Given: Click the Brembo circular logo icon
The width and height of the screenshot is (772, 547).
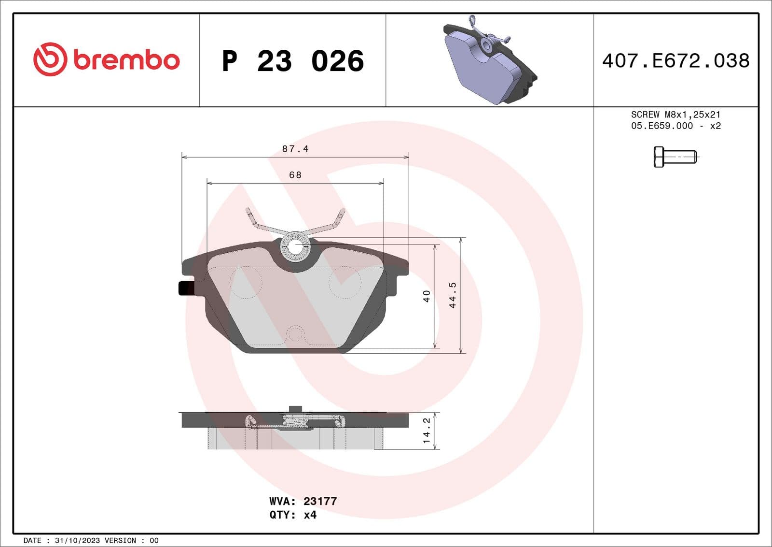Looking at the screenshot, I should click(49, 59).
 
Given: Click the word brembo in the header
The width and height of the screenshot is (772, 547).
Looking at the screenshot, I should click(126, 60).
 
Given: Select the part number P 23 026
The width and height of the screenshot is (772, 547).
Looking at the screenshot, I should click(292, 61).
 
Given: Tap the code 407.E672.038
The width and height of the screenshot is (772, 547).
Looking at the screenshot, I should click(675, 61).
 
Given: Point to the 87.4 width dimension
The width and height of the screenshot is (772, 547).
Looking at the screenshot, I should click(295, 149).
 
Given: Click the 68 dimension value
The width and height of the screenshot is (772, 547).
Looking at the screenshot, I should click(295, 175).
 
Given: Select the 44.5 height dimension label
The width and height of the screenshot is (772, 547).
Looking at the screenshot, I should click(453, 295).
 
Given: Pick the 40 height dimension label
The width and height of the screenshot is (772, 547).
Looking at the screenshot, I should click(427, 296).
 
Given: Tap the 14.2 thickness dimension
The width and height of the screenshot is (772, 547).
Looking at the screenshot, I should click(427, 431).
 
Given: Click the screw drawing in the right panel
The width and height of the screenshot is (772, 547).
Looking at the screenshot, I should click(675, 157).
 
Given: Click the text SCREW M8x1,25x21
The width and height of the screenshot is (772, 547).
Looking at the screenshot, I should click(675, 115).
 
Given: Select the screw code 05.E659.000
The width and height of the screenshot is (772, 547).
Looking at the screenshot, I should click(662, 126).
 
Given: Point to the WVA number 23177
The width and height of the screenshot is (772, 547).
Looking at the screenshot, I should click(320, 501).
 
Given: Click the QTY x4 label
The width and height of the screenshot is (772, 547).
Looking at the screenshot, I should click(293, 515).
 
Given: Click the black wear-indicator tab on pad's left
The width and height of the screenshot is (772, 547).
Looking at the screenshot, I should click(186, 288).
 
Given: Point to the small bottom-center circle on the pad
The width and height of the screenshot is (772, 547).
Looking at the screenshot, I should click(295, 334).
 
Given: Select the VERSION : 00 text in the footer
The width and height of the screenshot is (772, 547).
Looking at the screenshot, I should click(132, 540).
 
